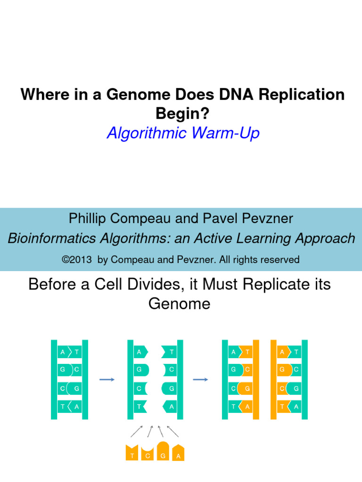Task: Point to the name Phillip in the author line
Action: [88, 218]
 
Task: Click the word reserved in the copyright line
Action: [280, 259]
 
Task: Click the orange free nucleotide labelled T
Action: [132, 453]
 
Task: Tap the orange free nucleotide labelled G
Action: [163, 452]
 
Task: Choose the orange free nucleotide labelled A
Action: [178, 453]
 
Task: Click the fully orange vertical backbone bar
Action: [273, 379]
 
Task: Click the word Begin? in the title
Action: [181, 113]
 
